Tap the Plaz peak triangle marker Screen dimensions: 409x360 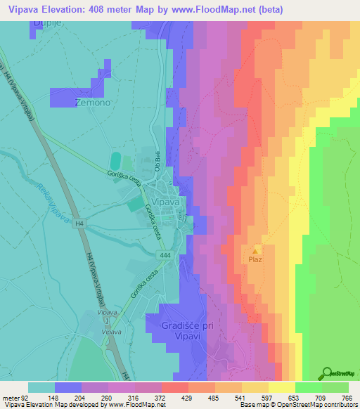coord(255,249)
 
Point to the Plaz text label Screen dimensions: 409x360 coord(255,259)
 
